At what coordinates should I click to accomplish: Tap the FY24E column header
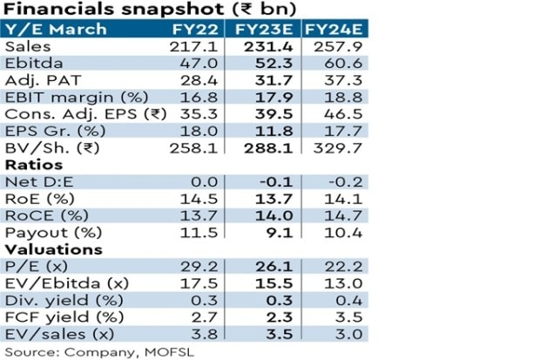click(335, 29)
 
